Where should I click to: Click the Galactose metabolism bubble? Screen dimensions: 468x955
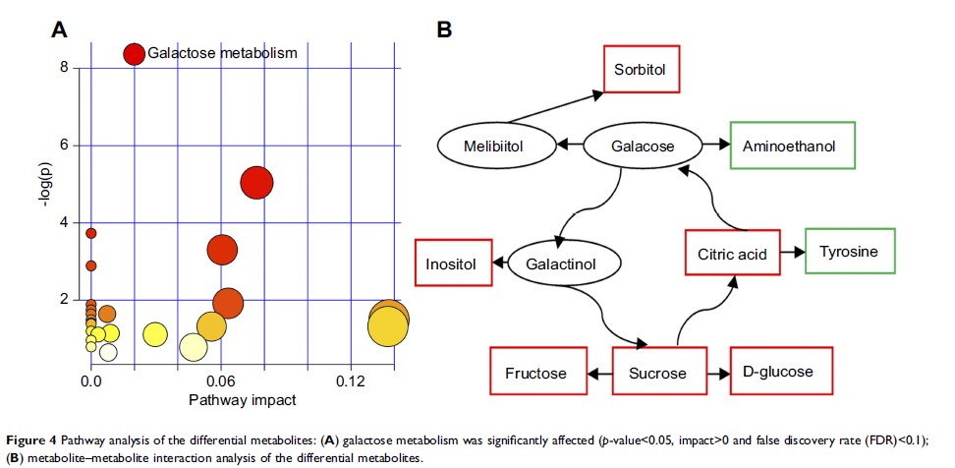(134, 54)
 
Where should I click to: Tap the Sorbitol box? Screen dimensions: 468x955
(640, 71)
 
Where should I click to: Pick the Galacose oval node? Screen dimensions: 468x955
(643, 146)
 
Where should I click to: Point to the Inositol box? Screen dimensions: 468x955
(452, 264)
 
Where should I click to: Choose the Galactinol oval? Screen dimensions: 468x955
(566, 264)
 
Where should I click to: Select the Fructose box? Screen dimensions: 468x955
(535, 374)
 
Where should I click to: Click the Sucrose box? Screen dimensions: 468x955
(656, 374)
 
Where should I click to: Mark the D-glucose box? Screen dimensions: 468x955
(781, 374)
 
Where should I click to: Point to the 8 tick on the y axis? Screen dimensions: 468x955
(64, 68)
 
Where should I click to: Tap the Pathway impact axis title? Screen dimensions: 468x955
(243, 400)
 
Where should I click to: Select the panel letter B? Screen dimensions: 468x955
(444, 30)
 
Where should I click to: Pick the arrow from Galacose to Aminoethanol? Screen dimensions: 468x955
(715, 146)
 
